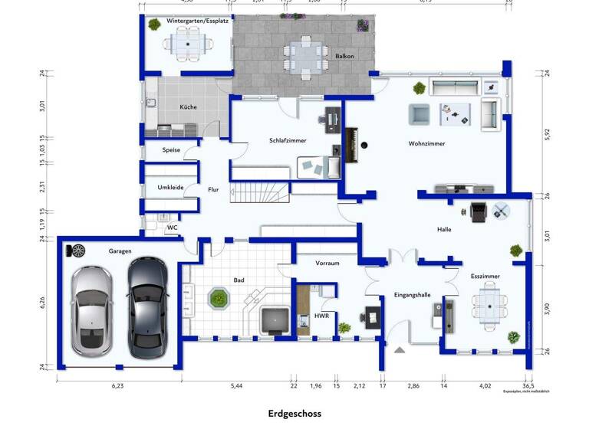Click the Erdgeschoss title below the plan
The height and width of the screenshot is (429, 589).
(294, 414)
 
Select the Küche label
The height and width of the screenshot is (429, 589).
(188, 107)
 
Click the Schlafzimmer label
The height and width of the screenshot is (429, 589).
(288, 140)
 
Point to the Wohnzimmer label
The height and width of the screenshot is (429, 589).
(426, 143)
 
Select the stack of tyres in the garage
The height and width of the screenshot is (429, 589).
(77, 250)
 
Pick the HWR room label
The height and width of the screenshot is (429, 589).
(321, 316)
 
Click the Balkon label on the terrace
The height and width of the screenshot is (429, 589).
(344, 57)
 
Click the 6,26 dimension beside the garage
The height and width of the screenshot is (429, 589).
(44, 302)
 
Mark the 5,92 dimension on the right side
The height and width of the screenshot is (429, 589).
(547, 133)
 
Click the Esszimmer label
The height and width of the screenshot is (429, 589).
(485, 276)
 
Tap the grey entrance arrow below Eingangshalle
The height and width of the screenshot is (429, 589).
(398, 349)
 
